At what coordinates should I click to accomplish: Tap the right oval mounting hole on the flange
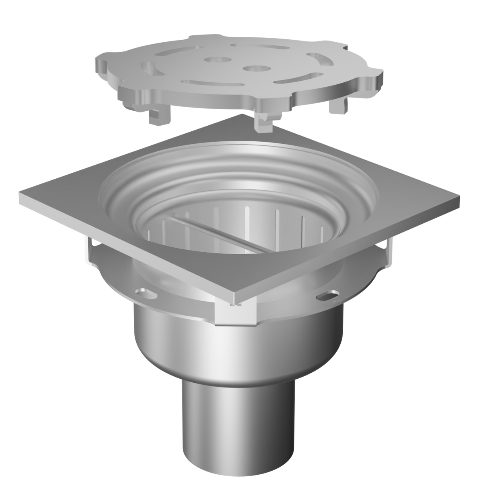(x=328, y=296)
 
